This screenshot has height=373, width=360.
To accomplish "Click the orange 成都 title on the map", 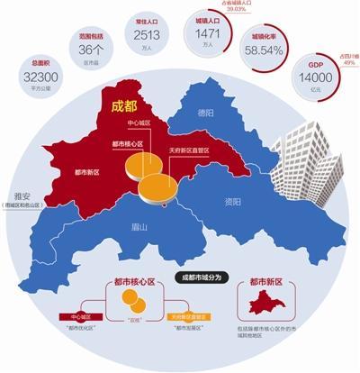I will tap(121, 105).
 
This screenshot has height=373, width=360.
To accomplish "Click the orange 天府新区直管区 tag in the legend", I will tap(189, 317).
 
